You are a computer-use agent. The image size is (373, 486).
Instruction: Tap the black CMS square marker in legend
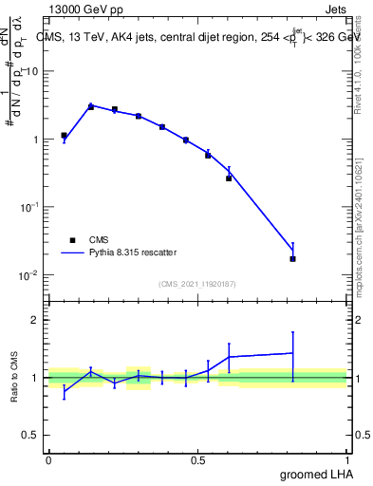pyautogui.click(x=72, y=240)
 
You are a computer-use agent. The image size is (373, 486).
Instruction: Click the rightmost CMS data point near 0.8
pyautogui.click(x=292, y=258)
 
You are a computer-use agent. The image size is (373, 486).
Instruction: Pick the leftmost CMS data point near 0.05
pyautogui.click(x=64, y=136)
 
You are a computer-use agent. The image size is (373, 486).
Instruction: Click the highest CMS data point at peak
pyautogui.click(x=90, y=106)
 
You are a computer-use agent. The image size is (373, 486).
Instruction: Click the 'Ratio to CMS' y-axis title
pyautogui.click(x=16, y=377)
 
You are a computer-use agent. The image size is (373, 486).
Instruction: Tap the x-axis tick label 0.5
pyautogui.click(x=198, y=458)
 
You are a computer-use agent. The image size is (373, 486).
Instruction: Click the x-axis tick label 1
pyautogui.click(x=348, y=458)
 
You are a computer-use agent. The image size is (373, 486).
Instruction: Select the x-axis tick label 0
pyautogui.click(x=48, y=458)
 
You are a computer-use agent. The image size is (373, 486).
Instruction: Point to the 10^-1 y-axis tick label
pyautogui.click(x=30, y=207)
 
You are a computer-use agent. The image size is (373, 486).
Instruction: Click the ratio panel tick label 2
pyautogui.click(x=36, y=321)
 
